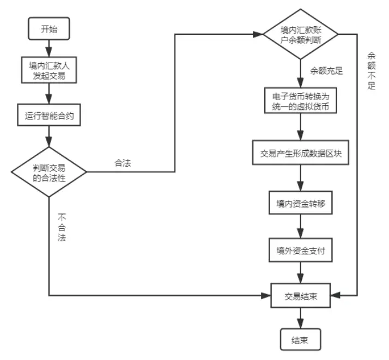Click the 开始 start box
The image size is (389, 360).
(x=49, y=29)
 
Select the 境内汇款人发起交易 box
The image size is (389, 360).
(x=49, y=70)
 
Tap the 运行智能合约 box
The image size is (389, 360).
(x=49, y=115)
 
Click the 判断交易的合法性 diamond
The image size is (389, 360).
(x=49, y=173)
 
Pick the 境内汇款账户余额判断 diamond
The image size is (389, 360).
(x=301, y=34)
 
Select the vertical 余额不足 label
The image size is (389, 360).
(x=372, y=71)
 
